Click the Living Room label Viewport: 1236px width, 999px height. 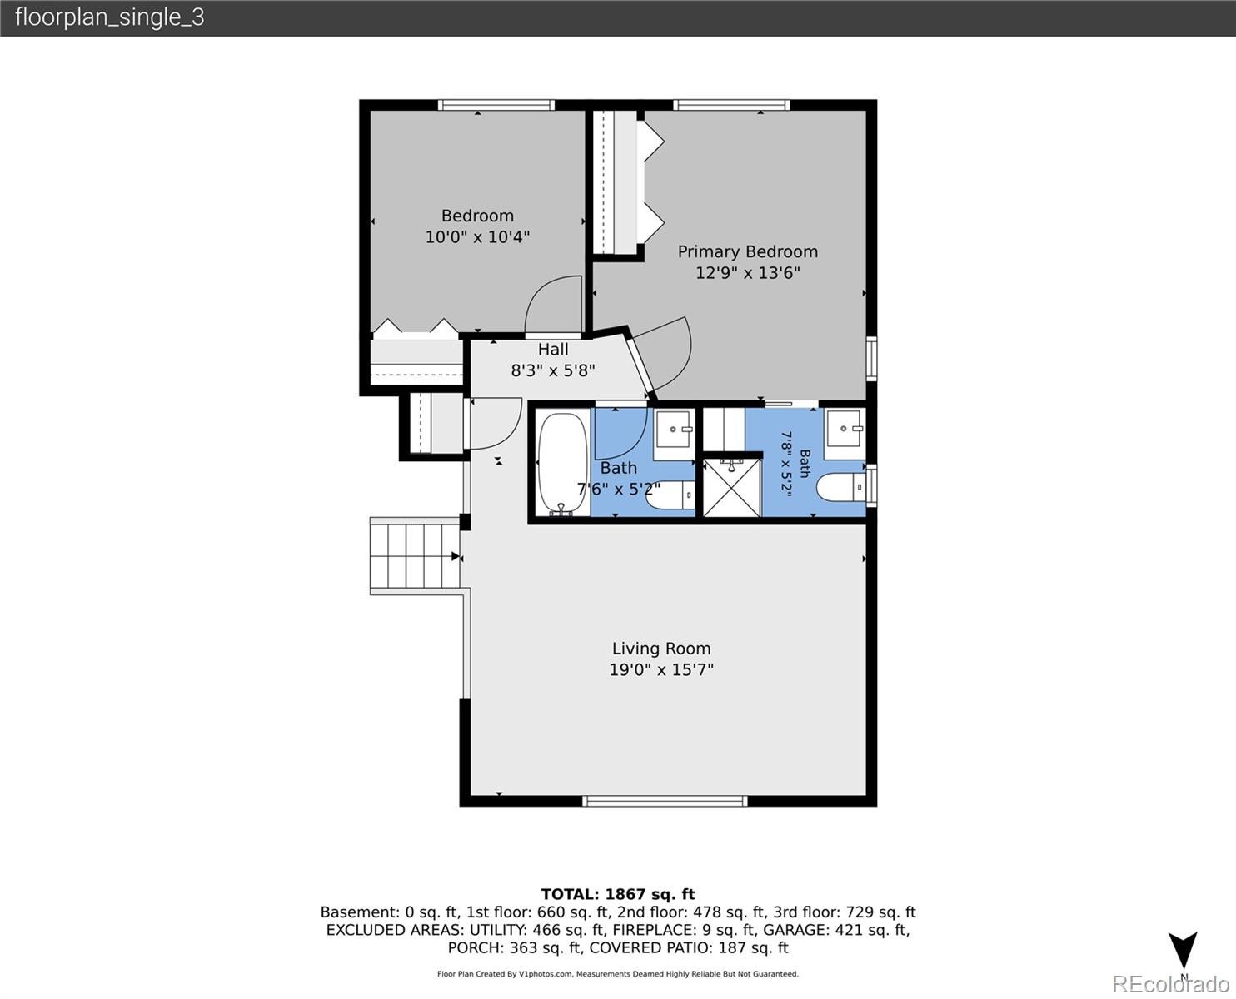pos(661,649)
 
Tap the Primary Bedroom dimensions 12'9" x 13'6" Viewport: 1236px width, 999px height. pos(747,272)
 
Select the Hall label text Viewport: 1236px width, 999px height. pos(552,350)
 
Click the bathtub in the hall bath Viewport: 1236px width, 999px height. pos(561,463)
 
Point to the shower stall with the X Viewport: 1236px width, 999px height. pos(732,487)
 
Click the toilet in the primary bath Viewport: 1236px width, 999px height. pos(841,487)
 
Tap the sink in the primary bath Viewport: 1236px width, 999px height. pos(845,428)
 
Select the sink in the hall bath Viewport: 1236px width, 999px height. pos(675,429)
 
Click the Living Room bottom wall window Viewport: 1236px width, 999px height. pos(665,802)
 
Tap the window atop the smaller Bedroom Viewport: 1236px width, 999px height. pos(496,105)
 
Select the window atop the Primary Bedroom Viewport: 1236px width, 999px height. pos(731,105)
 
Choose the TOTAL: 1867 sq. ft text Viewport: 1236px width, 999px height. pos(618,894)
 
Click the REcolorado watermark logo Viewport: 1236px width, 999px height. pos(1170,983)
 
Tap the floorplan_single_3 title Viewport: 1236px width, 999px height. pos(110,17)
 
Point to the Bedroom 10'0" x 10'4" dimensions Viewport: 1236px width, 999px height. pos(477,237)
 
